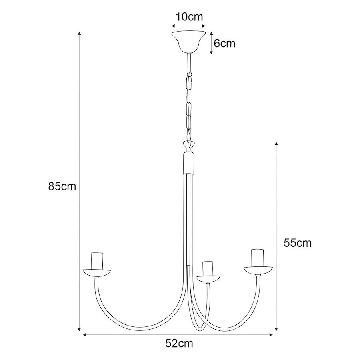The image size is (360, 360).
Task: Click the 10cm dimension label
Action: (x=190, y=17)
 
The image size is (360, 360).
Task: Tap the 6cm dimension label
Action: (x=224, y=43)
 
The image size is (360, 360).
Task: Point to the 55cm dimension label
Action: (x=298, y=243)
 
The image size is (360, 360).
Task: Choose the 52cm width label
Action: (x=179, y=344)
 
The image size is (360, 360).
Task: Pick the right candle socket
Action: (x=258, y=258)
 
